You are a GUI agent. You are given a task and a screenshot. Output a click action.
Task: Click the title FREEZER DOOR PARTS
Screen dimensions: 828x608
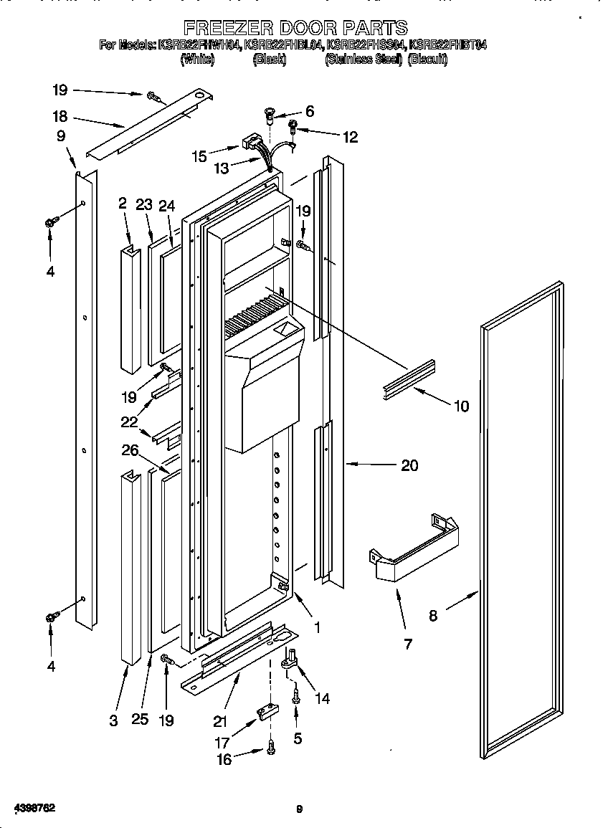(x=296, y=28)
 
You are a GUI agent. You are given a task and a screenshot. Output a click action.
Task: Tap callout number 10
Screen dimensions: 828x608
(x=461, y=406)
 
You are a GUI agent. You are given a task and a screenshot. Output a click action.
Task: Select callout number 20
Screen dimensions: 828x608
(x=409, y=465)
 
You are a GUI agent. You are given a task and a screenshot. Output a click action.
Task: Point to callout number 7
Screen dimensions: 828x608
(x=408, y=644)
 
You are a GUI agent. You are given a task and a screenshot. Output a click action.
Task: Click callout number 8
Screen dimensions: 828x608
(x=433, y=615)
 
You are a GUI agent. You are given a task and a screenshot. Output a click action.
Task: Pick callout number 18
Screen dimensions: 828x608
(x=60, y=117)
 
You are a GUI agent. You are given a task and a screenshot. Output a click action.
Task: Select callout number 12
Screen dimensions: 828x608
(x=350, y=137)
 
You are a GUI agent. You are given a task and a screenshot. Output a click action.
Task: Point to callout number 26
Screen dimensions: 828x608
(x=130, y=450)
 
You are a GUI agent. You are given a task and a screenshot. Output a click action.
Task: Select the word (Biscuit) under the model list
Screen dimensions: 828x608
(x=427, y=60)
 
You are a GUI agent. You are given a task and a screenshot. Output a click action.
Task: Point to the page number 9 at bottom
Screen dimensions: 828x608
(x=300, y=809)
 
